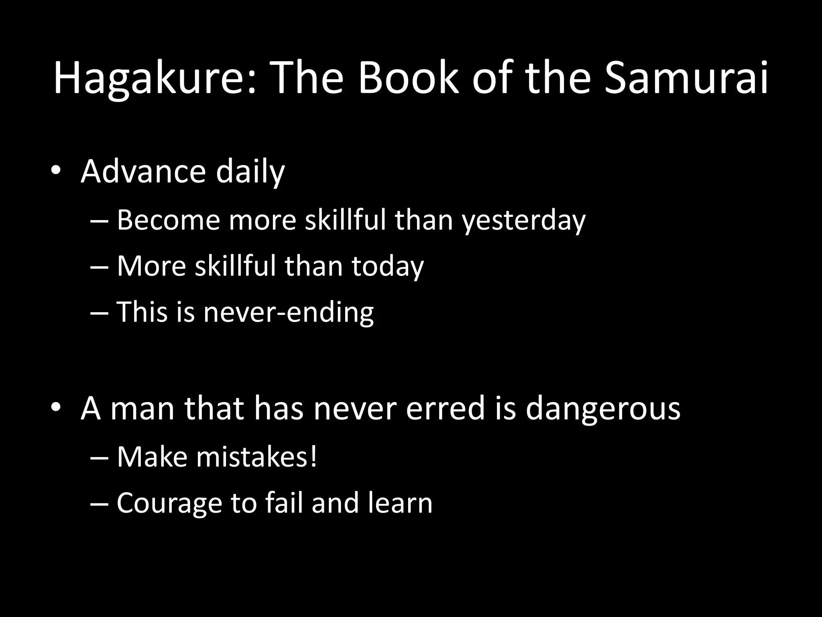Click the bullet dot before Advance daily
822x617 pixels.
coord(56,170)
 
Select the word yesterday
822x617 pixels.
coord(524,221)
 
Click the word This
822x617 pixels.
coord(142,312)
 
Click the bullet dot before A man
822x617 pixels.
coord(56,407)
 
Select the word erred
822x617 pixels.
coord(446,408)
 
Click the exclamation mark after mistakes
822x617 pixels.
coord(313,457)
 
